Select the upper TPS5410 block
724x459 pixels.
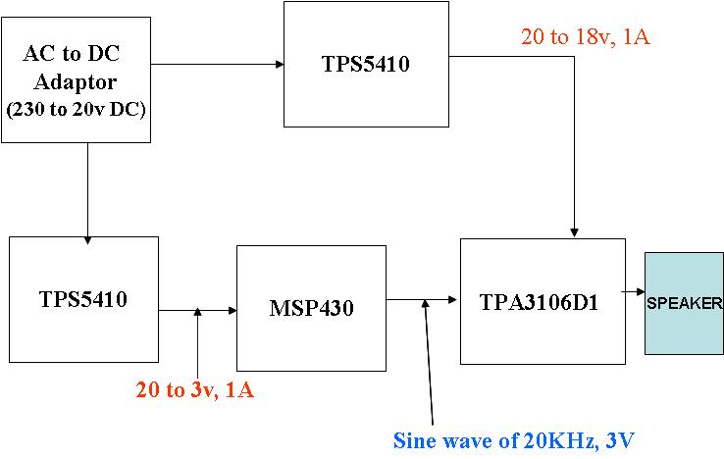click(x=365, y=65)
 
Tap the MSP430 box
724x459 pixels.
click(x=311, y=308)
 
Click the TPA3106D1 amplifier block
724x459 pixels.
click(x=543, y=302)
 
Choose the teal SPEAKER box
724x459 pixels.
click(x=684, y=303)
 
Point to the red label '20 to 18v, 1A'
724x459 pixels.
click(x=585, y=38)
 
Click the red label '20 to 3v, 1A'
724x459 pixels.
click(x=195, y=389)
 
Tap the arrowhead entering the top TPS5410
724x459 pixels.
click(x=279, y=65)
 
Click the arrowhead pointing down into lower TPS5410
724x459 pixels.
click(x=87, y=239)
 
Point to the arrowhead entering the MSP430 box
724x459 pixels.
click(x=233, y=311)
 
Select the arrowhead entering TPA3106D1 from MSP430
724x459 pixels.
click(x=455, y=299)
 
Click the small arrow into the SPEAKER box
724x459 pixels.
click(x=640, y=293)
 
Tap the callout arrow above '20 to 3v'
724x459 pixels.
click(x=197, y=312)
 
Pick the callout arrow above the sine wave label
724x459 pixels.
click(x=426, y=303)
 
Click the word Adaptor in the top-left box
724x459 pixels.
click(x=76, y=81)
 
